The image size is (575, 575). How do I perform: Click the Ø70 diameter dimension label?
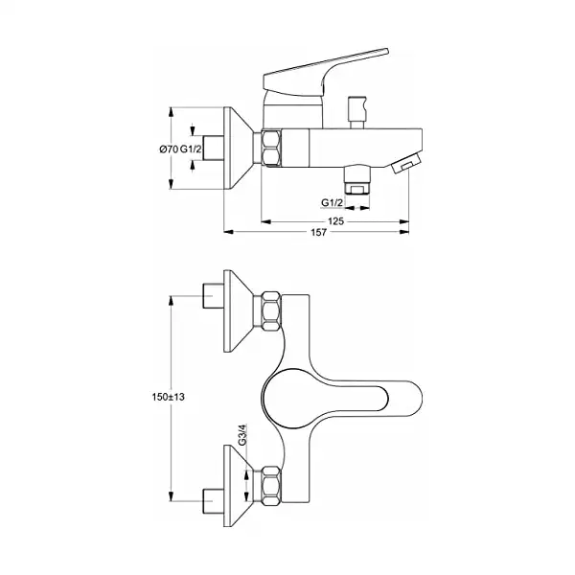point(169,149)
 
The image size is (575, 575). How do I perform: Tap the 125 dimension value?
point(335,221)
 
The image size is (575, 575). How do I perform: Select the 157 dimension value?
point(318,232)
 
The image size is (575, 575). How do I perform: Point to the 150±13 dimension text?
point(169,397)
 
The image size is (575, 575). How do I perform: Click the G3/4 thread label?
point(242,434)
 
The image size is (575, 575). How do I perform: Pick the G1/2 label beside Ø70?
point(191,149)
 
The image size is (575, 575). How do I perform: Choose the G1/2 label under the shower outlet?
point(333,203)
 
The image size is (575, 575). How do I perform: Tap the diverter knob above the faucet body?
point(357,112)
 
